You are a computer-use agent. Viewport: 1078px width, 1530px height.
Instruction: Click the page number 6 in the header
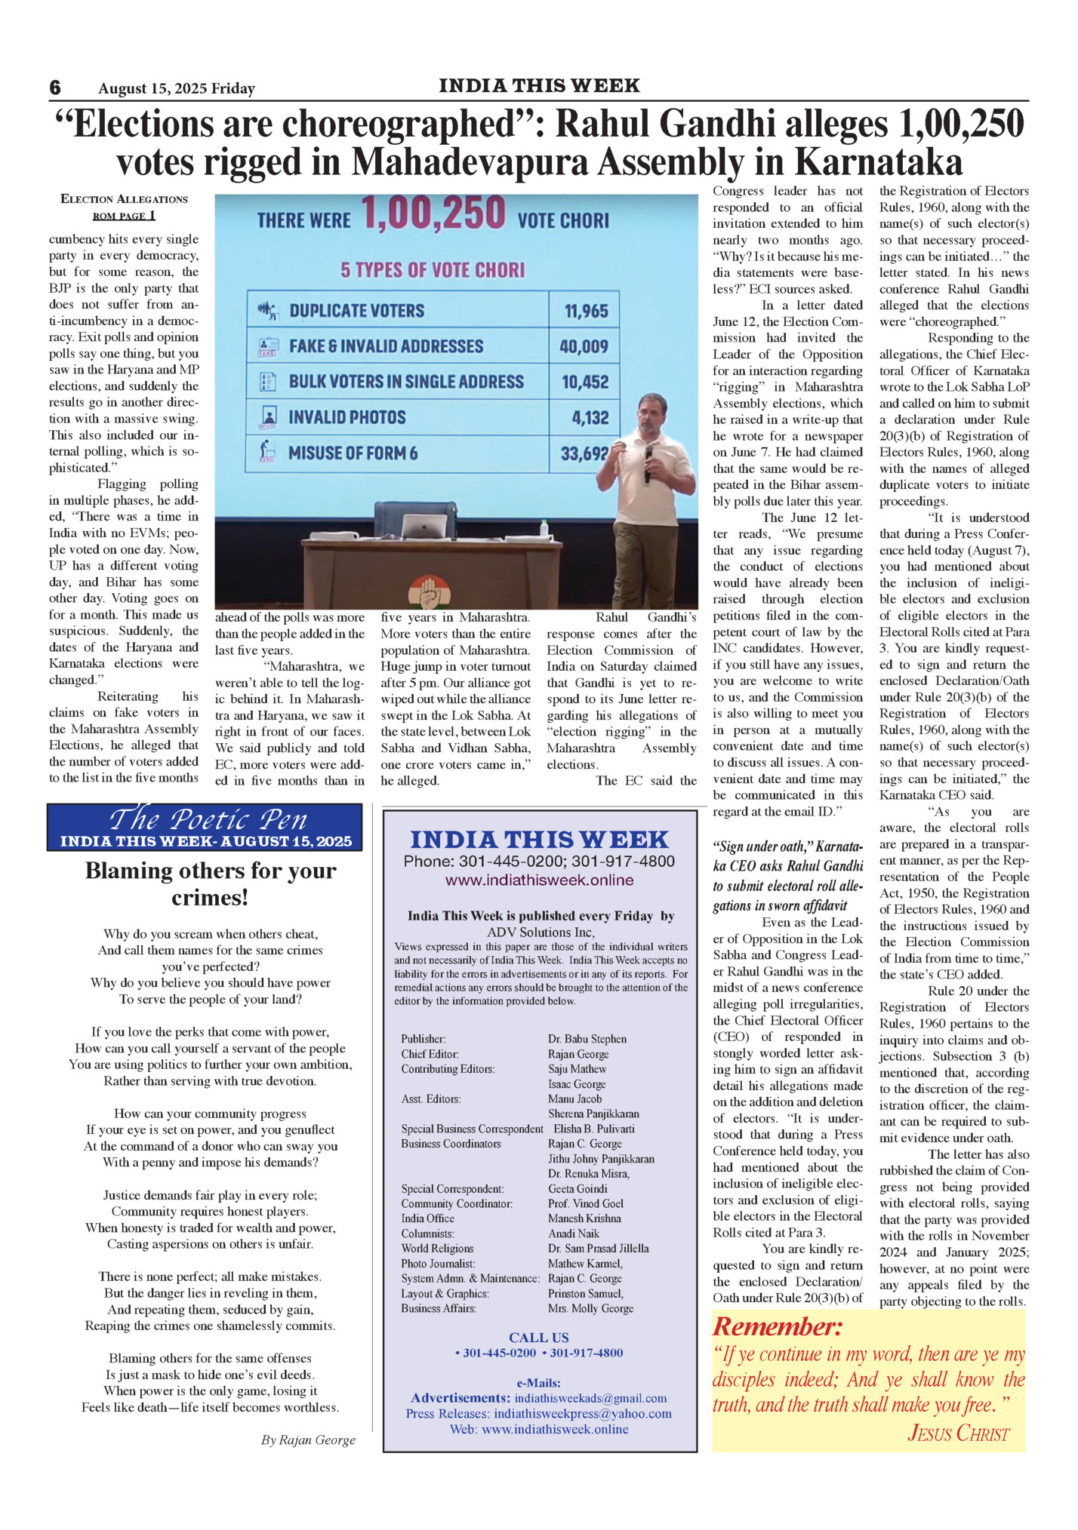tap(55, 88)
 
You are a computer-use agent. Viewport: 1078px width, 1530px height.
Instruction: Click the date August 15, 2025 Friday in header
tap(177, 89)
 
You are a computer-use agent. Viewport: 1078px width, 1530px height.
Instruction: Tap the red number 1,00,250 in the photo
tap(433, 214)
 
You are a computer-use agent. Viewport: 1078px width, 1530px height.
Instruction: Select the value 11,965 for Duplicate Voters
tap(586, 311)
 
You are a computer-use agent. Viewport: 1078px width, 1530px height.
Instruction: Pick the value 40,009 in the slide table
tap(584, 346)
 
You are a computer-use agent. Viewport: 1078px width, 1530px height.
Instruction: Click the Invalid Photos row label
tap(346, 417)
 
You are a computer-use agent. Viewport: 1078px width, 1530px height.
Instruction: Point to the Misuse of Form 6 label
tap(353, 453)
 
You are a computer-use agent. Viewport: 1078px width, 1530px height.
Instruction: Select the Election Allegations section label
tap(124, 199)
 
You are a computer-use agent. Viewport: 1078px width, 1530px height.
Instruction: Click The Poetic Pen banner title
tap(208, 819)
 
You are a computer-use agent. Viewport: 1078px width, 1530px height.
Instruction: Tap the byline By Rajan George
tap(308, 1440)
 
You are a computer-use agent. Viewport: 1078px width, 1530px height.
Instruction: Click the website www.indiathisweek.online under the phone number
tap(539, 880)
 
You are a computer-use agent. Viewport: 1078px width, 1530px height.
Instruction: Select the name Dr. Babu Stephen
tap(587, 1039)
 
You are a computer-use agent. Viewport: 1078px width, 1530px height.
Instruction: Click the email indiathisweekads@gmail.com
tap(590, 1398)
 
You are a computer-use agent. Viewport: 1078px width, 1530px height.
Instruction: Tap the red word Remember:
tap(777, 1327)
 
